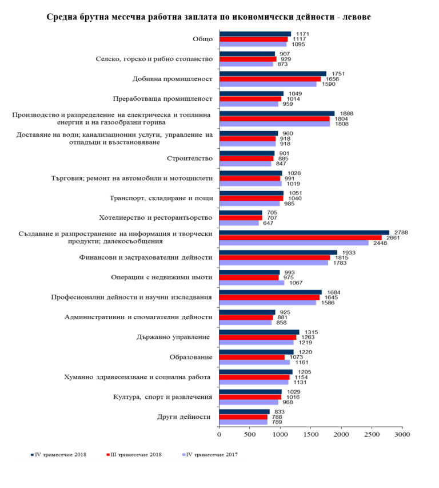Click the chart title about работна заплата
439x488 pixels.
pyautogui.click(x=209, y=17)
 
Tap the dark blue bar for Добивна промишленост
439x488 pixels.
pyautogui.click(x=273, y=73)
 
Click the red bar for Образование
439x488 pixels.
pyautogui.click(x=252, y=358)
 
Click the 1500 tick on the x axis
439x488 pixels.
pyautogui.click(x=310, y=435)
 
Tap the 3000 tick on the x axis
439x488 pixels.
pyautogui.click(x=402, y=435)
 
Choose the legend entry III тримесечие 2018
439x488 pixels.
pyautogui.click(x=135, y=455)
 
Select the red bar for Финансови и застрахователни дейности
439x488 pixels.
pyautogui.click(x=274, y=258)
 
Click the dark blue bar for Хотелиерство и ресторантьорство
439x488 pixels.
pyautogui.click(x=240, y=213)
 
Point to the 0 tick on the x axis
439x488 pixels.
pyautogui.click(x=219, y=435)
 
